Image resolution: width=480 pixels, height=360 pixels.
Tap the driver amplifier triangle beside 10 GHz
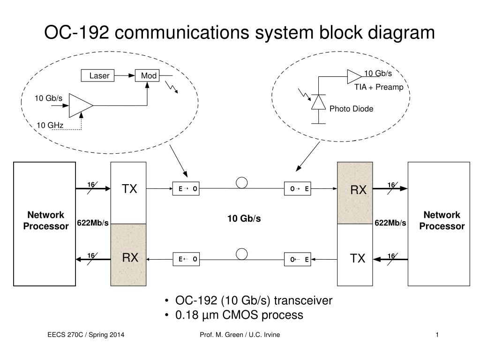click(x=81, y=105)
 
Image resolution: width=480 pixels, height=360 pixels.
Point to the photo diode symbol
click(x=318, y=102)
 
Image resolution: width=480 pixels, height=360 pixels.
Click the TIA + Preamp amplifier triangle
click(x=354, y=76)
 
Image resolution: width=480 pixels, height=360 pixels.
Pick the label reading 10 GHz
click(x=50, y=125)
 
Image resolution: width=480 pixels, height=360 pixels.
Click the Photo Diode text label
click(x=351, y=109)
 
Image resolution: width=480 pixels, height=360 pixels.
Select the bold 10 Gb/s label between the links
click(x=244, y=218)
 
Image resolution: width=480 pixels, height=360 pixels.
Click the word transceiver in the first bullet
click(x=303, y=300)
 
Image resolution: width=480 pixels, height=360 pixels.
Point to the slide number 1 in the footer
click(x=437, y=335)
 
